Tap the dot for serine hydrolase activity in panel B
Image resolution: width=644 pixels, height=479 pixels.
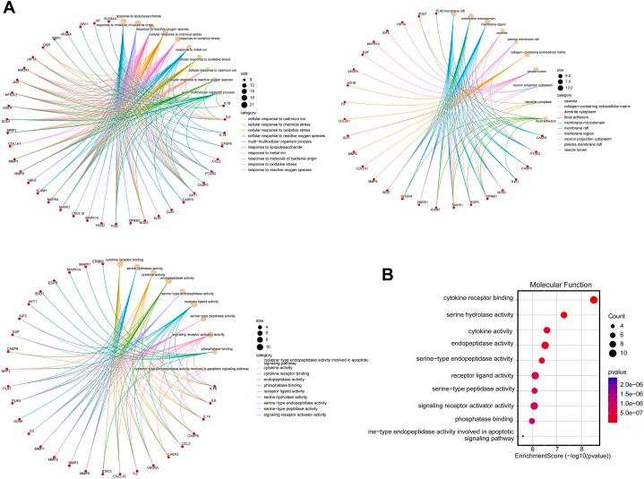click(563, 315)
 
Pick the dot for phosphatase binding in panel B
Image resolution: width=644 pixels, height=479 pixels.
click(532, 420)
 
